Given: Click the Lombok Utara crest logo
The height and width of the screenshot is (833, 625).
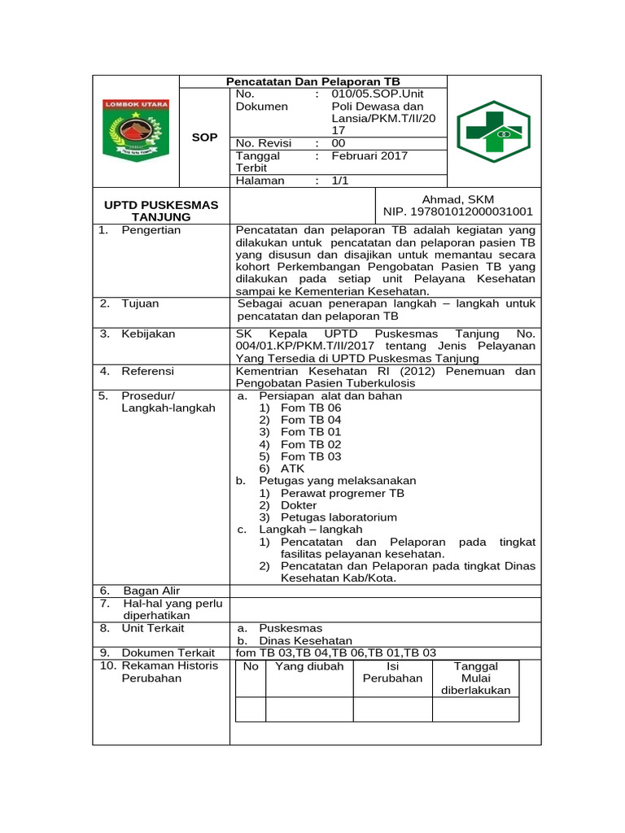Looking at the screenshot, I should (135, 129).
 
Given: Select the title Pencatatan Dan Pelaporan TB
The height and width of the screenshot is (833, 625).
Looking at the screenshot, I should (312, 81).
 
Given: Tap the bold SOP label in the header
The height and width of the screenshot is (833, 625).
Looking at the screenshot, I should (204, 137).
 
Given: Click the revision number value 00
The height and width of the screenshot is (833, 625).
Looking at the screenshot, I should (339, 143).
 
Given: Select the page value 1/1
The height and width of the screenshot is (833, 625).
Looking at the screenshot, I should (339, 181).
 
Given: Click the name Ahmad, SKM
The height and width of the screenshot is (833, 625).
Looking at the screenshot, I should (458, 199).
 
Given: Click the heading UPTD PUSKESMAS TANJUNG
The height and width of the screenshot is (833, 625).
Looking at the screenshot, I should (161, 211).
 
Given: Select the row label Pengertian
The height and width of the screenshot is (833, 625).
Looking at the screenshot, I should (151, 230).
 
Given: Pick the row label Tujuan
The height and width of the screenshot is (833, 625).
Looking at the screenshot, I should (140, 303).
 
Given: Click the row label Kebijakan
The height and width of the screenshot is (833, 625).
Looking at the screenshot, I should (148, 334).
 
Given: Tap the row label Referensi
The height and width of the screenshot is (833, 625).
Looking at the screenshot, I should (147, 371).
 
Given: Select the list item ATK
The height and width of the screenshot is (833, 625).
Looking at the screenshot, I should (293, 469).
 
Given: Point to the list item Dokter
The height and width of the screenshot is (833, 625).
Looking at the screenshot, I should (299, 505).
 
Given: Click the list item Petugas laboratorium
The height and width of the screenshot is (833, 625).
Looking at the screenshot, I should (339, 517).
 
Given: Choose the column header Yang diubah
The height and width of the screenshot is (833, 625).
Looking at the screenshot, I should (309, 666).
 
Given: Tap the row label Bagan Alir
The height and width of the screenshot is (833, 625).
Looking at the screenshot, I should (151, 591).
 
